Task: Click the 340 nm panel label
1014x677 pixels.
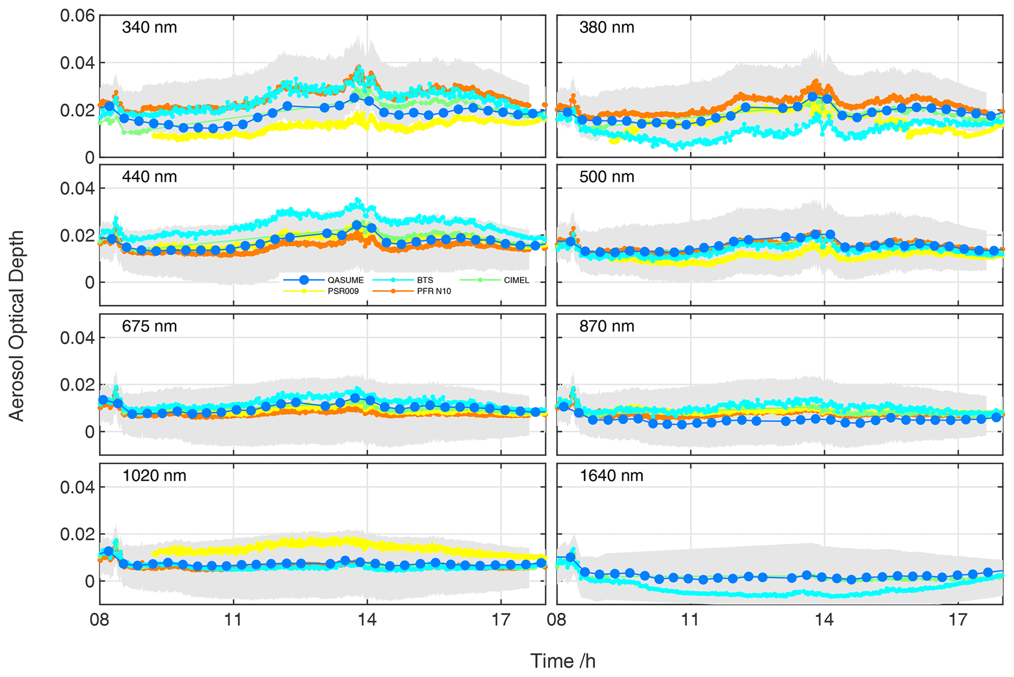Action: (149, 27)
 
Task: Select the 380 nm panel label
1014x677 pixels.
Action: (606, 27)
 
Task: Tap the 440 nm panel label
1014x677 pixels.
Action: (149, 177)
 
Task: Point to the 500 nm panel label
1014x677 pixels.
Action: (606, 177)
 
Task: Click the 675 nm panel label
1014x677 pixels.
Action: (149, 326)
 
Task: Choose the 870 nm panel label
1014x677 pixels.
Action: (606, 326)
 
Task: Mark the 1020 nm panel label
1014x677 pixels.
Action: (154, 476)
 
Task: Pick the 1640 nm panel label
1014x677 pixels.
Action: (611, 476)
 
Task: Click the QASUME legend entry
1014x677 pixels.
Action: (345, 280)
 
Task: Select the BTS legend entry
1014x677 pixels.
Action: (425, 280)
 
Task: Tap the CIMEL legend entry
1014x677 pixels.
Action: (516, 280)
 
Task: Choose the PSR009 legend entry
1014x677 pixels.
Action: (343, 291)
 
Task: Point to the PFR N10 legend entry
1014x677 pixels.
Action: (434, 291)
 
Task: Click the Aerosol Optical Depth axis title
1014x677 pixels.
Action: (17, 326)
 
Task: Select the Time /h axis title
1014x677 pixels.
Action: (563, 661)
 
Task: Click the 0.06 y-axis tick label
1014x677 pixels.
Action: (77, 16)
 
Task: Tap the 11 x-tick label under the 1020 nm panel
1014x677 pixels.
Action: (233, 620)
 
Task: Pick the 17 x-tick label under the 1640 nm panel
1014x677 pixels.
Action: (958, 620)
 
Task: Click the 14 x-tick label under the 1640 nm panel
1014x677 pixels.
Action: (824, 620)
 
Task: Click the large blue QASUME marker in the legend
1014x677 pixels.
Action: (304, 280)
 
